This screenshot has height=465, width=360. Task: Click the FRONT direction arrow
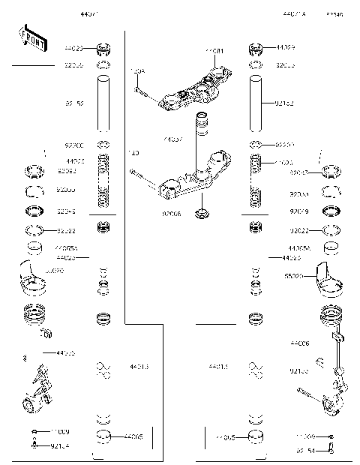(x=31, y=37)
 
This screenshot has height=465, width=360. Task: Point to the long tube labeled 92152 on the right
(x=255, y=105)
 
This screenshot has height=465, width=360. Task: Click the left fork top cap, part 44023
(x=104, y=51)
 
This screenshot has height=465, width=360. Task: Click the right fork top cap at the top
(x=255, y=51)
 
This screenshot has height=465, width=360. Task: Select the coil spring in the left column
(x=104, y=180)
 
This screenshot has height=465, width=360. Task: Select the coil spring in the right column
(x=255, y=180)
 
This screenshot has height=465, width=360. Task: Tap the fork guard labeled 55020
(x=327, y=276)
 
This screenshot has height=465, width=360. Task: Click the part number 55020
(x=293, y=276)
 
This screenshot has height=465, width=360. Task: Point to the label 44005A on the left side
(x=66, y=247)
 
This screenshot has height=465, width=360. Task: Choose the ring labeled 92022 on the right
(x=331, y=230)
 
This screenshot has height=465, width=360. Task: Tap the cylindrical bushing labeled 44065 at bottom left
(x=104, y=436)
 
